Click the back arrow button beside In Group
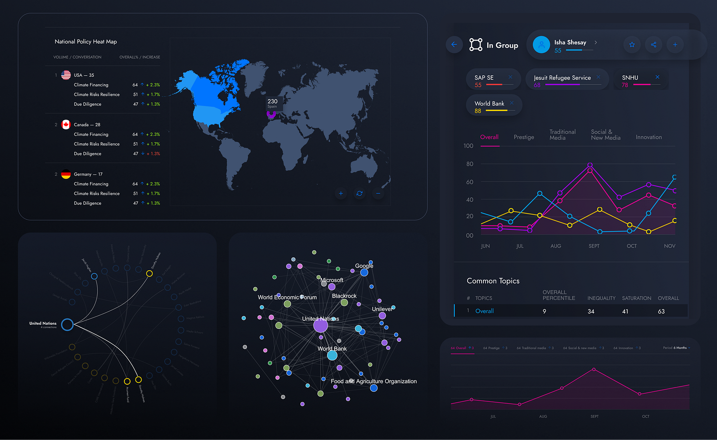click(454, 45)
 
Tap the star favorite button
click(632, 45)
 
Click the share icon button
click(654, 45)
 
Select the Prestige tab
click(523, 137)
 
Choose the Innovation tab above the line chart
click(648, 137)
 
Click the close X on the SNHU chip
click(657, 77)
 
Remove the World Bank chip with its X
click(512, 103)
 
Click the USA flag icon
click(66, 75)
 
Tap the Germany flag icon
click(66, 174)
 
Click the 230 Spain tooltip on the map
click(272, 103)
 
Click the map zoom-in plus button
click(340, 194)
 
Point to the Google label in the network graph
click(364, 266)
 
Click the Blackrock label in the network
click(344, 296)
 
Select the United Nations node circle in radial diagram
click(67, 325)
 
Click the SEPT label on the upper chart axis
click(594, 246)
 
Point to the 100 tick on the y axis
click(468, 146)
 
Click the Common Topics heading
click(493, 281)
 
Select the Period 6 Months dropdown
click(676, 348)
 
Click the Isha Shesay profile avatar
click(541, 45)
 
